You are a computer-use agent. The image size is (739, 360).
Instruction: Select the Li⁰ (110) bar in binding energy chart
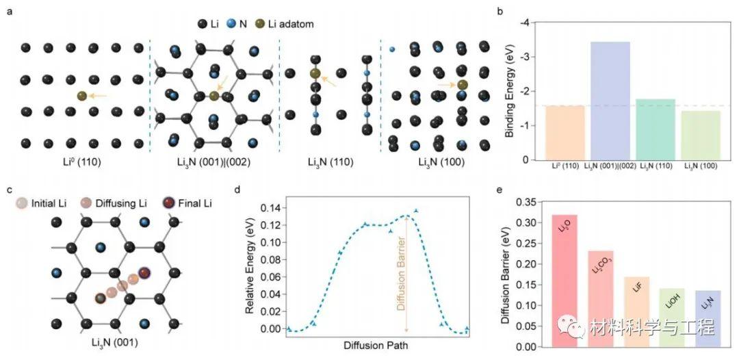pyautogui.click(x=555, y=133)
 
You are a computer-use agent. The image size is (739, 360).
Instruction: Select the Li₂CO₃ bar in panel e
pyautogui.click(x=600, y=298)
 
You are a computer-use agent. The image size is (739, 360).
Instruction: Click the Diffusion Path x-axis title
pyautogui.click(x=377, y=346)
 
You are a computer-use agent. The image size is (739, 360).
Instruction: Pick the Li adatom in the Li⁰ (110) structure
pyautogui.click(x=82, y=97)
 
